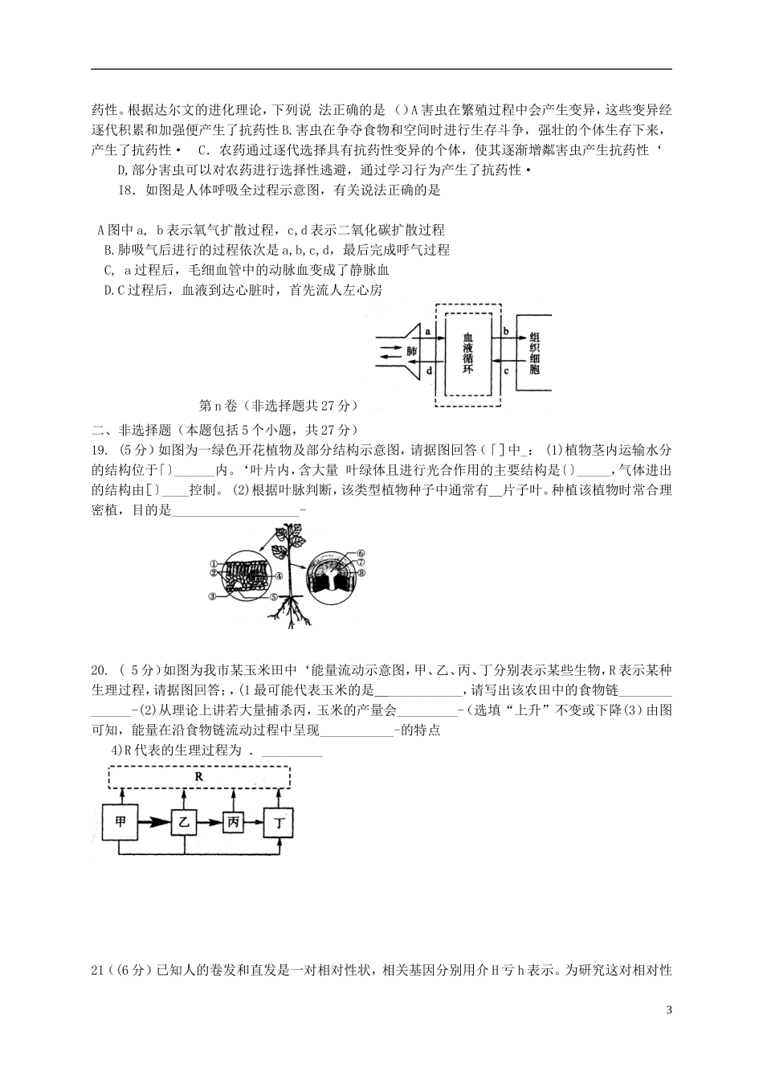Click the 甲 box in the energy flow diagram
[x=120, y=821]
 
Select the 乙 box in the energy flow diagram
[x=184, y=821]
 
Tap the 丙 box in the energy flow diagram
[x=233, y=821]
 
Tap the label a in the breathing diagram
[x=427, y=331]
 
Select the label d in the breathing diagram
[x=428, y=370]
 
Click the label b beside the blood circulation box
[x=504, y=330]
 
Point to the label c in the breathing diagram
[x=505, y=370]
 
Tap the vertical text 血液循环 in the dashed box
[x=468, y=350]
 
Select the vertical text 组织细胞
[x=535, y=350]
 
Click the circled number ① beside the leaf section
[x=214, y=563]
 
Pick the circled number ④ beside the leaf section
[x=279, y=575]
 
